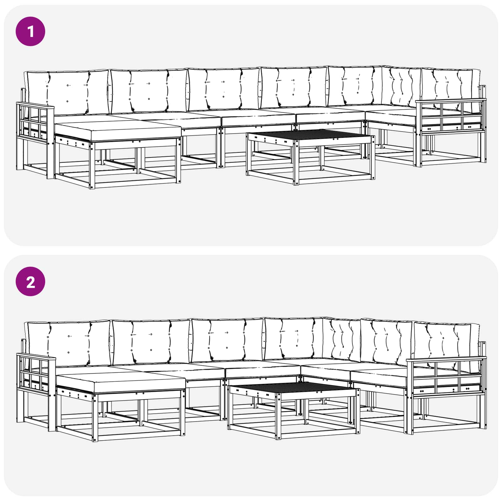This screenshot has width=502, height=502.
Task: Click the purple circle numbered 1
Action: point(30,32)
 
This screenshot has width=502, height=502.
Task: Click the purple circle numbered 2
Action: point(30,281)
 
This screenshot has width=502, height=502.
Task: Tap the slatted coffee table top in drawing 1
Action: point(311,136)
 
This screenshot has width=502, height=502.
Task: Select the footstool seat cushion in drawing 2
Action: point(120,383)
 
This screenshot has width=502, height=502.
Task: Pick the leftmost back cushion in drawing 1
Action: point(67,93)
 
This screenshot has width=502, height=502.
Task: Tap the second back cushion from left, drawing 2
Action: point(151,342)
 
